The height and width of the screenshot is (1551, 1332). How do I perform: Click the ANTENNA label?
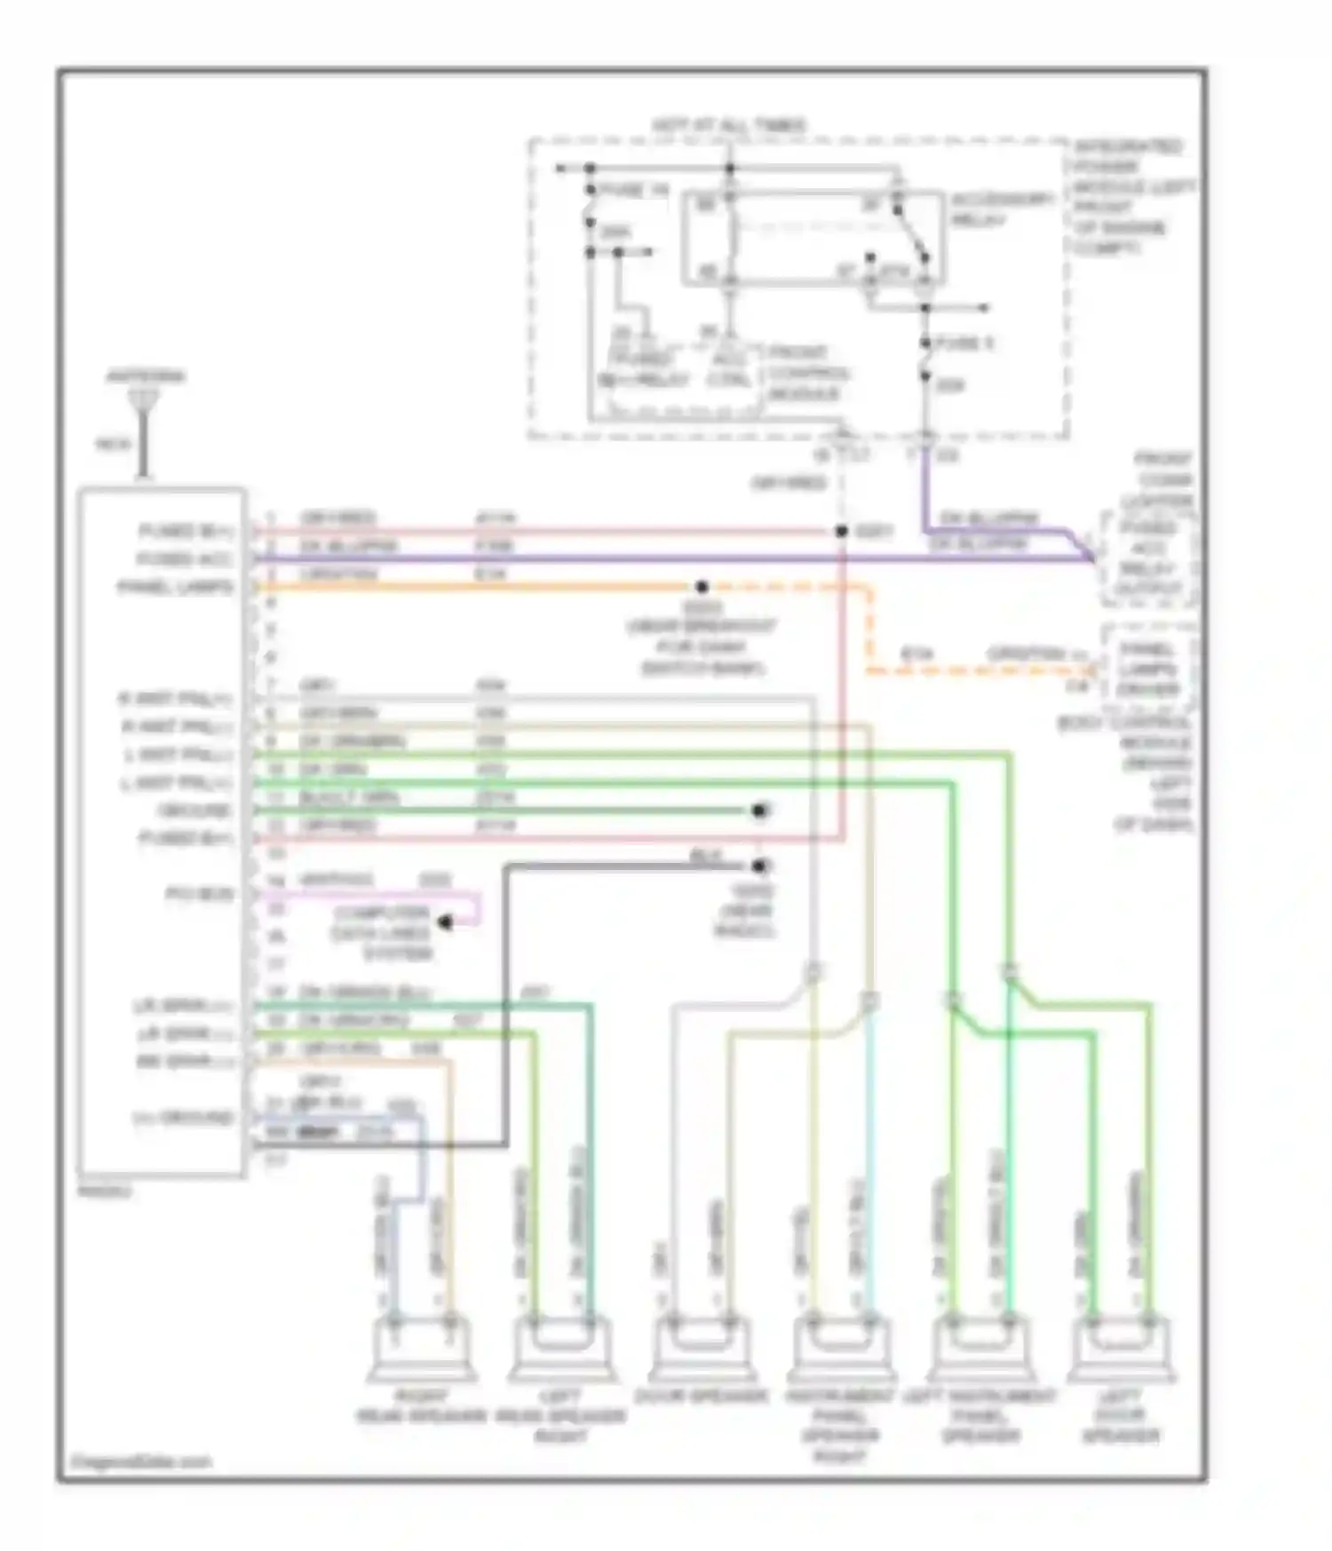(x=146, y=376)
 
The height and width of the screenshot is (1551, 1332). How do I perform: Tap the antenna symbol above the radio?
(x=140, y=405)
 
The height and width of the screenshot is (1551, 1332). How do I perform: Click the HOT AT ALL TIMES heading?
(x=729, y=125)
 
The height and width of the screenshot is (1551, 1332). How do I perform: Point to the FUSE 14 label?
(x=632, y=191)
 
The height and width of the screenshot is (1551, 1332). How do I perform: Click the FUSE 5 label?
(x=966, y=344)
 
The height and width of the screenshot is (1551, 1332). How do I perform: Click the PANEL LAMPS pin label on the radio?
(x=176, y=588)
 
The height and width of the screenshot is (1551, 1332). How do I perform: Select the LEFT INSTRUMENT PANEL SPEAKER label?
(x=979, y=1415)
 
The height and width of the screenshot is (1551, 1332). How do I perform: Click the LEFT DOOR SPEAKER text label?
(x=1123, y=1415)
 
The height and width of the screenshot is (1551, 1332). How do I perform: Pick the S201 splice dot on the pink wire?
(x=841, y=532)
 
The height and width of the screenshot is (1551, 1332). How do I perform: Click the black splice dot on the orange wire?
(x=702, y=587)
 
